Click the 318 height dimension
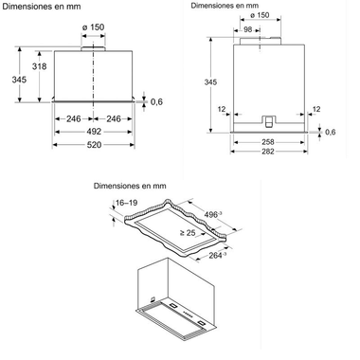point(38,67)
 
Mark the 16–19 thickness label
point(128,203)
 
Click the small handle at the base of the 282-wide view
point(269,119)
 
